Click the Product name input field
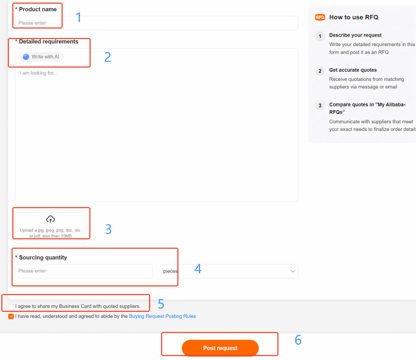click(x=156, y=23)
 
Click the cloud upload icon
click(x=50, y=219)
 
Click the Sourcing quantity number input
click(x=84, y=271)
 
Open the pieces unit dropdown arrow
click(x=292, y=272)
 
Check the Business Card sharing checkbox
click(x=11, y=306)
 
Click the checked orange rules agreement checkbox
click(x=11, y=317)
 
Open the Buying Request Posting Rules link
click(x=162, y=316)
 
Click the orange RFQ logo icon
click(x=320, y=17)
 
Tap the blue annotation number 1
click(x=79, y=17)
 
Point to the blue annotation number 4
click(x=198, y=269)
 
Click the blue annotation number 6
click(x=298, y=340)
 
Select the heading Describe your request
click(x=355, y=35)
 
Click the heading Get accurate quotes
click(x=353, y=70)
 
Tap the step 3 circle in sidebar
click(x=320, y=106)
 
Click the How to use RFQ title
click(x=353, y=17)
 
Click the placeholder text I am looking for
click(x=39, y=73)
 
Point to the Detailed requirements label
click(x=48, y=41)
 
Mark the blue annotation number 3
click(x=108, y=229)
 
